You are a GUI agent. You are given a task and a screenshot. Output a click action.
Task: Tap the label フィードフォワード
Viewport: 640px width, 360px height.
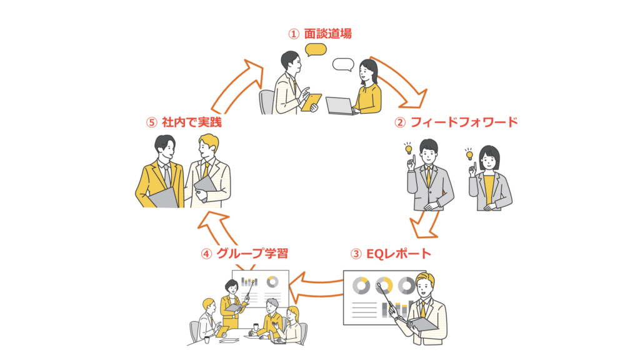464,122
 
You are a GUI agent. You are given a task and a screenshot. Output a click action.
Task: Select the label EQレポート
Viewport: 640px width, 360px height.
398,254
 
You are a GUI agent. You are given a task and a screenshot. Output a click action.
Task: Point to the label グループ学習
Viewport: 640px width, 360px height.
252,254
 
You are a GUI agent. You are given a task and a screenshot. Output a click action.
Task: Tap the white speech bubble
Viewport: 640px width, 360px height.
343,64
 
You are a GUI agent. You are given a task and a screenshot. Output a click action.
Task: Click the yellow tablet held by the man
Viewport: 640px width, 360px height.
311,102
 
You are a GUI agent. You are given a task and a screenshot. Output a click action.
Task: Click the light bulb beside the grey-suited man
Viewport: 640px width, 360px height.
408,149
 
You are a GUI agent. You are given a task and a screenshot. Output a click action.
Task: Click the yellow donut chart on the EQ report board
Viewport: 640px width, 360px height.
383,286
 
